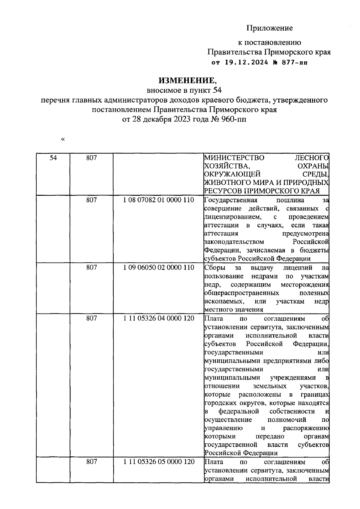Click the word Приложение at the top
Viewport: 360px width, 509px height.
point(269,28)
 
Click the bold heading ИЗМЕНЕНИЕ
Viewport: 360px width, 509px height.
point(187,80)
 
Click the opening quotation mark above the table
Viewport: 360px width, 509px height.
point(63,139)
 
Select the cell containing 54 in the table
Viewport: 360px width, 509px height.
point(53,158)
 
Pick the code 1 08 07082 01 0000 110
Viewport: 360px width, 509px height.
point(158,200)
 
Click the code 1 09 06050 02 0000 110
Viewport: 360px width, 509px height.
point(158,267)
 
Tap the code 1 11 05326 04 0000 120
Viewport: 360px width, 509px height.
point(158,318)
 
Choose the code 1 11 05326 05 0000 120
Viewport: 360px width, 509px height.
point(158,462)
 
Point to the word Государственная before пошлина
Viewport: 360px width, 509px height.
point(231,200)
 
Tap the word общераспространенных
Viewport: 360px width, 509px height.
point(241,293)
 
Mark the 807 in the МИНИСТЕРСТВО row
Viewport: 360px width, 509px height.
point(91,158)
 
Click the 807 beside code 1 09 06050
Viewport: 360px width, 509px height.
point(91,267)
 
